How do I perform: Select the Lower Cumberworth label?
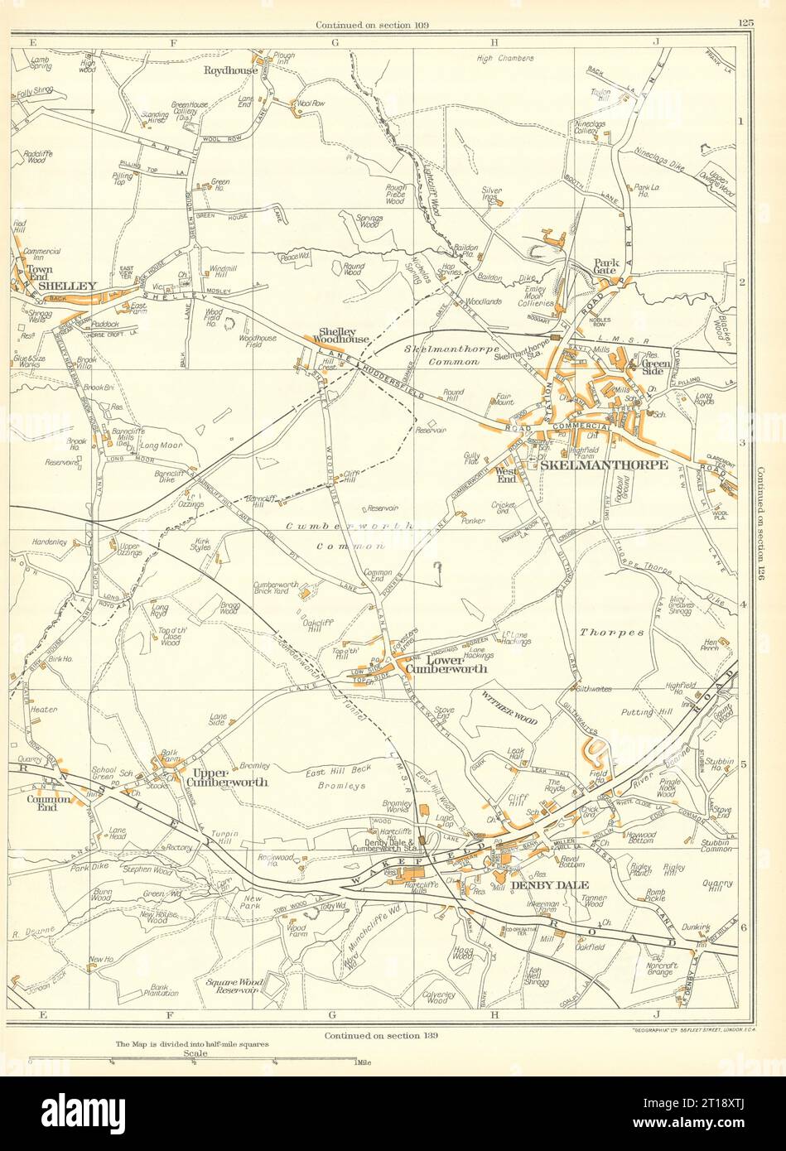point(445,663)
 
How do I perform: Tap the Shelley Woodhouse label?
point(339,337)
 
